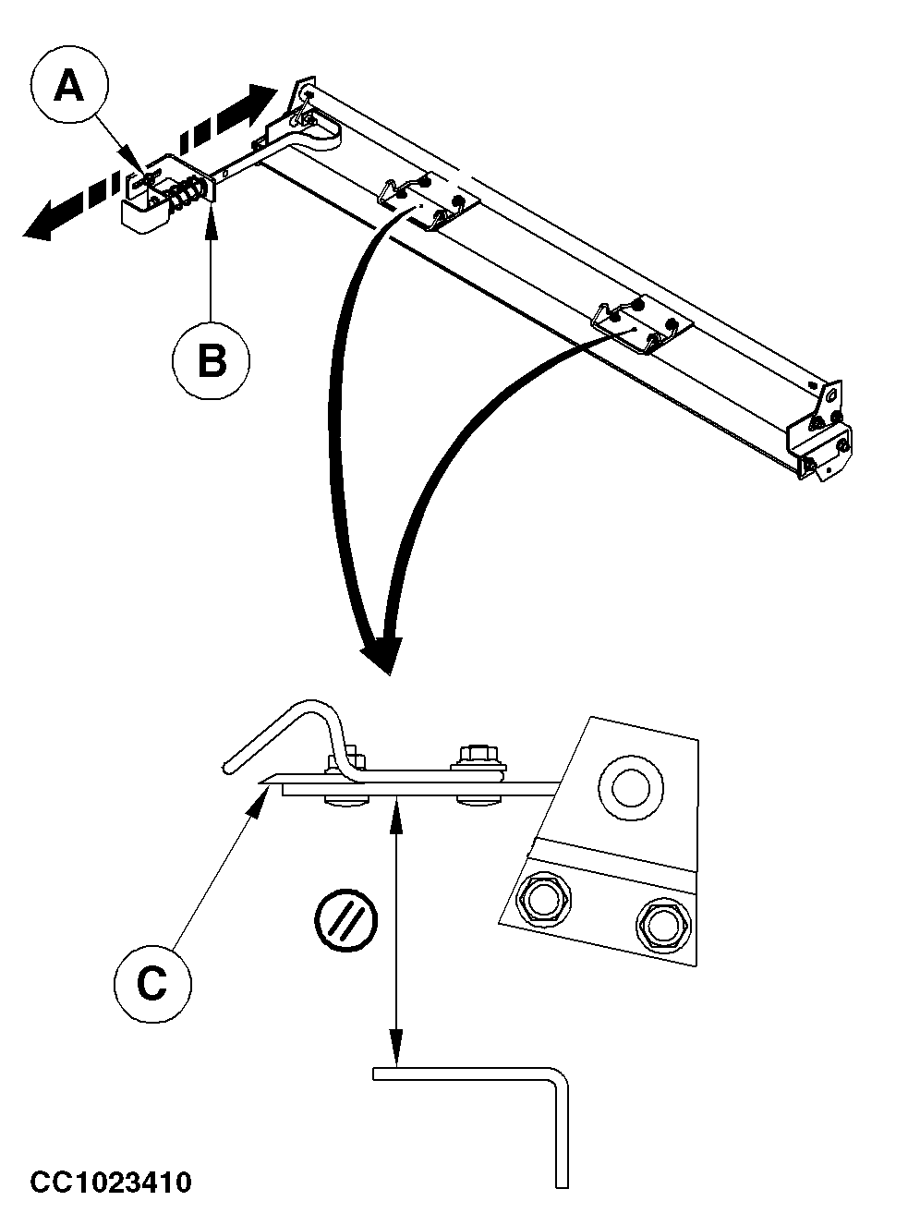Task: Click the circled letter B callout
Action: point(212,361)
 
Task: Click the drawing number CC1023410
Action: point(111,1182)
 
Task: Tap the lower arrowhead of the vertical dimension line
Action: point(396,1052)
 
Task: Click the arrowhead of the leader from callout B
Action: point(212,215)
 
